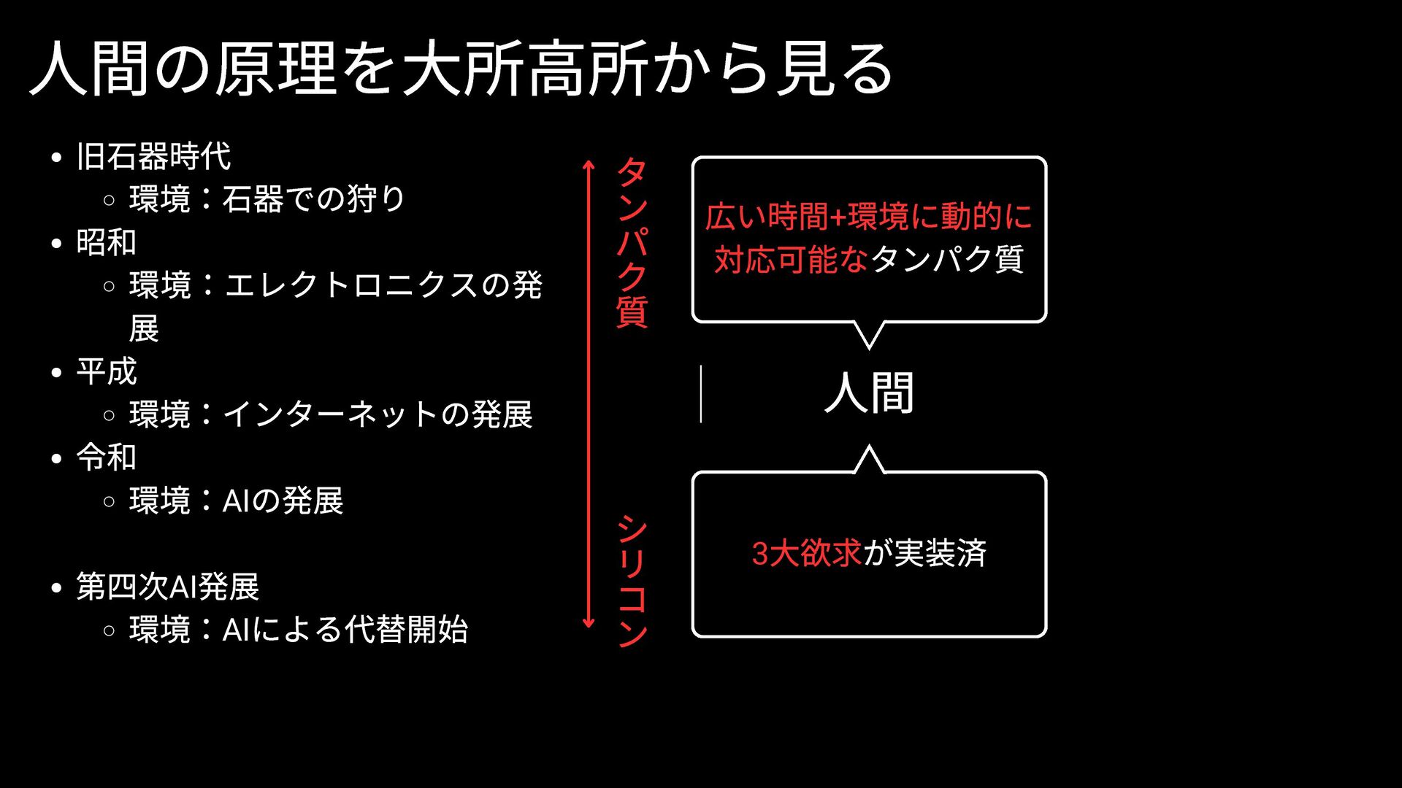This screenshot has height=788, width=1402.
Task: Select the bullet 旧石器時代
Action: pos(153,156)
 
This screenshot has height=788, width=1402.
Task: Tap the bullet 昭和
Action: pos(107,242)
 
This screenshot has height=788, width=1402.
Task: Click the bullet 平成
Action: pos(107,371)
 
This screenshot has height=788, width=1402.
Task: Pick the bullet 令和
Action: pos(107,457)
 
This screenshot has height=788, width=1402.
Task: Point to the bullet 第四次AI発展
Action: pos(168,587)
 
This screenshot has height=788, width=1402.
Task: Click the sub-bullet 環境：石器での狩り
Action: pos(267,199)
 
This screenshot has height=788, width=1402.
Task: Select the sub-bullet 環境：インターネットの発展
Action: pos(330,414)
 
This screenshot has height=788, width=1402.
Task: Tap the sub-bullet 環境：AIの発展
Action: pos(236,501)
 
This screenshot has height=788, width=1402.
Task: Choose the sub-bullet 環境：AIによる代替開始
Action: pos(298,630)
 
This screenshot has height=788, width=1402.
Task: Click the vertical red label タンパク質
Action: pos(632,242)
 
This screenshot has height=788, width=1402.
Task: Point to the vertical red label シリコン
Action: pos(632,581)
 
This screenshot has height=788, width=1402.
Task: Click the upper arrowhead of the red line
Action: pos(589,164)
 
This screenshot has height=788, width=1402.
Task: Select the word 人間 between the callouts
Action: pos(869,393)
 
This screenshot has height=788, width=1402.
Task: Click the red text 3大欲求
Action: pos(807,553)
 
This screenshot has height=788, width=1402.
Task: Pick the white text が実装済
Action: pos(924,553)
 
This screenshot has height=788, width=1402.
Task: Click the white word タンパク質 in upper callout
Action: pos(948,260)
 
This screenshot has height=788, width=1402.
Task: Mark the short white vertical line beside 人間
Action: pos(701,394)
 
